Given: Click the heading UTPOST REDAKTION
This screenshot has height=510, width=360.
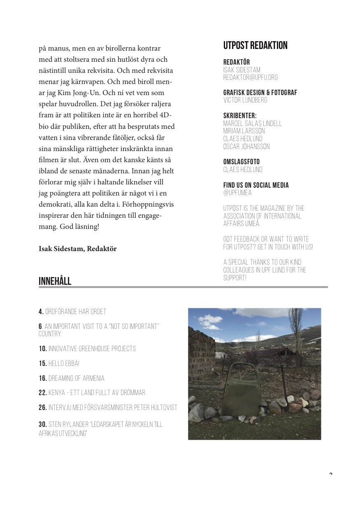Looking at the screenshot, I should [255, 46].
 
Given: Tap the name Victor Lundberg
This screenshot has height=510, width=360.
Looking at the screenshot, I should [245, 100].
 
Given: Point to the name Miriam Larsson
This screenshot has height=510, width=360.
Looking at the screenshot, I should [244, 131].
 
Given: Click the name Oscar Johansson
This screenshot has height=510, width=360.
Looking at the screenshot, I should [246, 147].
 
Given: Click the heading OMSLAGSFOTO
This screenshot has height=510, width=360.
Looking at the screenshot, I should [242, 162].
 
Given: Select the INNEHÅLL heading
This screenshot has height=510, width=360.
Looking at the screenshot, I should [55, 282].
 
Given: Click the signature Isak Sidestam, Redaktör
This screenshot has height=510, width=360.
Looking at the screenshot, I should [78, 249].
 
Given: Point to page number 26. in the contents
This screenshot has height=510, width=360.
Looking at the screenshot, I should [43, 408].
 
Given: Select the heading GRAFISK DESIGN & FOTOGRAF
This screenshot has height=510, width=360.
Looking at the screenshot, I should [260, 93].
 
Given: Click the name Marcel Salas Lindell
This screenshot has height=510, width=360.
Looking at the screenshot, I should [252, 123].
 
